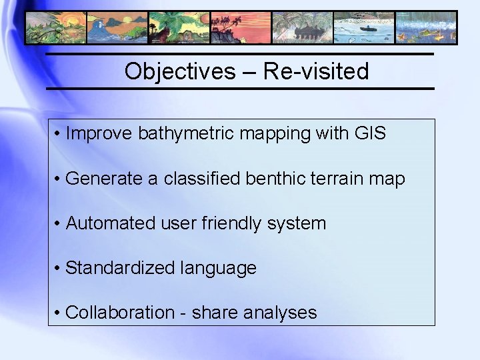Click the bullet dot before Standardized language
pos(59,268)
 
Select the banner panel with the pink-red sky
pos(240,27)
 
